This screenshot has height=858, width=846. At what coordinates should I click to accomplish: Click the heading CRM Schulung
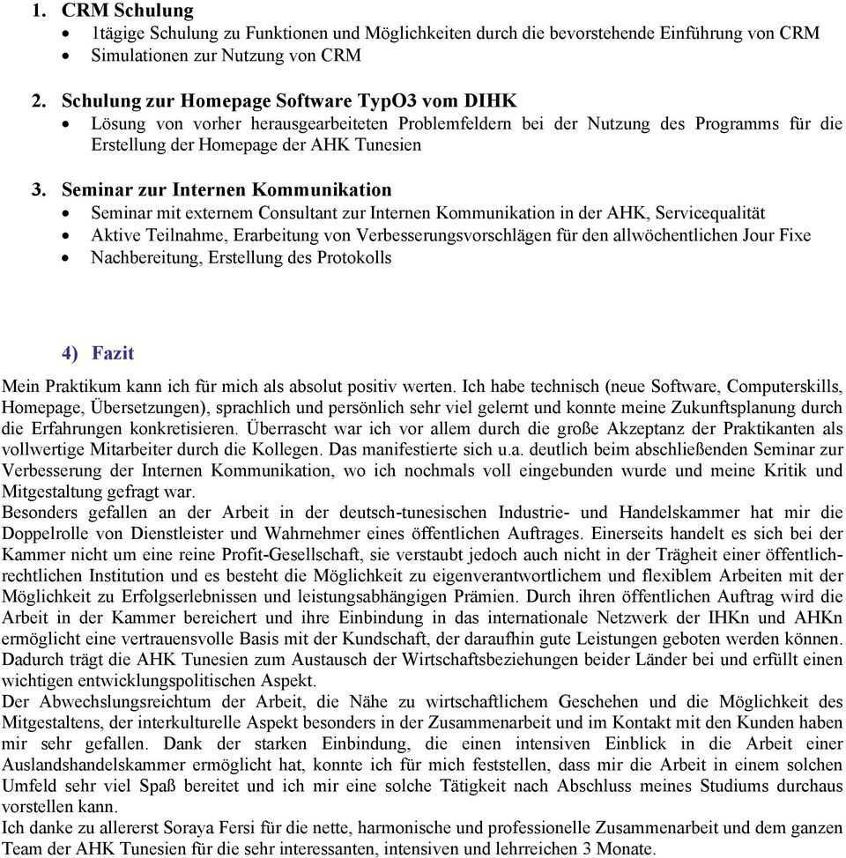[127, 11]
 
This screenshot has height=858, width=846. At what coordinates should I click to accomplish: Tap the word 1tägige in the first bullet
[120, 33]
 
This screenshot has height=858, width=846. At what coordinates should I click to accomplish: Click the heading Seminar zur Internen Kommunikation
[226, 189]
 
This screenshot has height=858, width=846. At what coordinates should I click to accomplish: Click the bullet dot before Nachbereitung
[72, 259]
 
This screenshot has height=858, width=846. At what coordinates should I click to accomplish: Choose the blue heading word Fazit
[113, 353]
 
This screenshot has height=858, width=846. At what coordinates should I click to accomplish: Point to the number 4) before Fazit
[70, 353]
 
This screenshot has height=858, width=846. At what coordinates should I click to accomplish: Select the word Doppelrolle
[48, 533]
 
